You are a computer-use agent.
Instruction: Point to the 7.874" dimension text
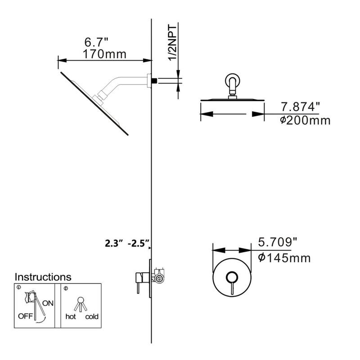(x=300, y=107)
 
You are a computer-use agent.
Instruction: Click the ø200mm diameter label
(x=305, y=120)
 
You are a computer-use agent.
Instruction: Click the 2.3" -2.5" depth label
(x=127, y=245)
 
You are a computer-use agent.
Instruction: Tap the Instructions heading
(x=43, y=277)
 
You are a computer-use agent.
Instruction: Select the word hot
(x=71, y=317)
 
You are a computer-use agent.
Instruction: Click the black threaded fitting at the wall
(x=153, y=81)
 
